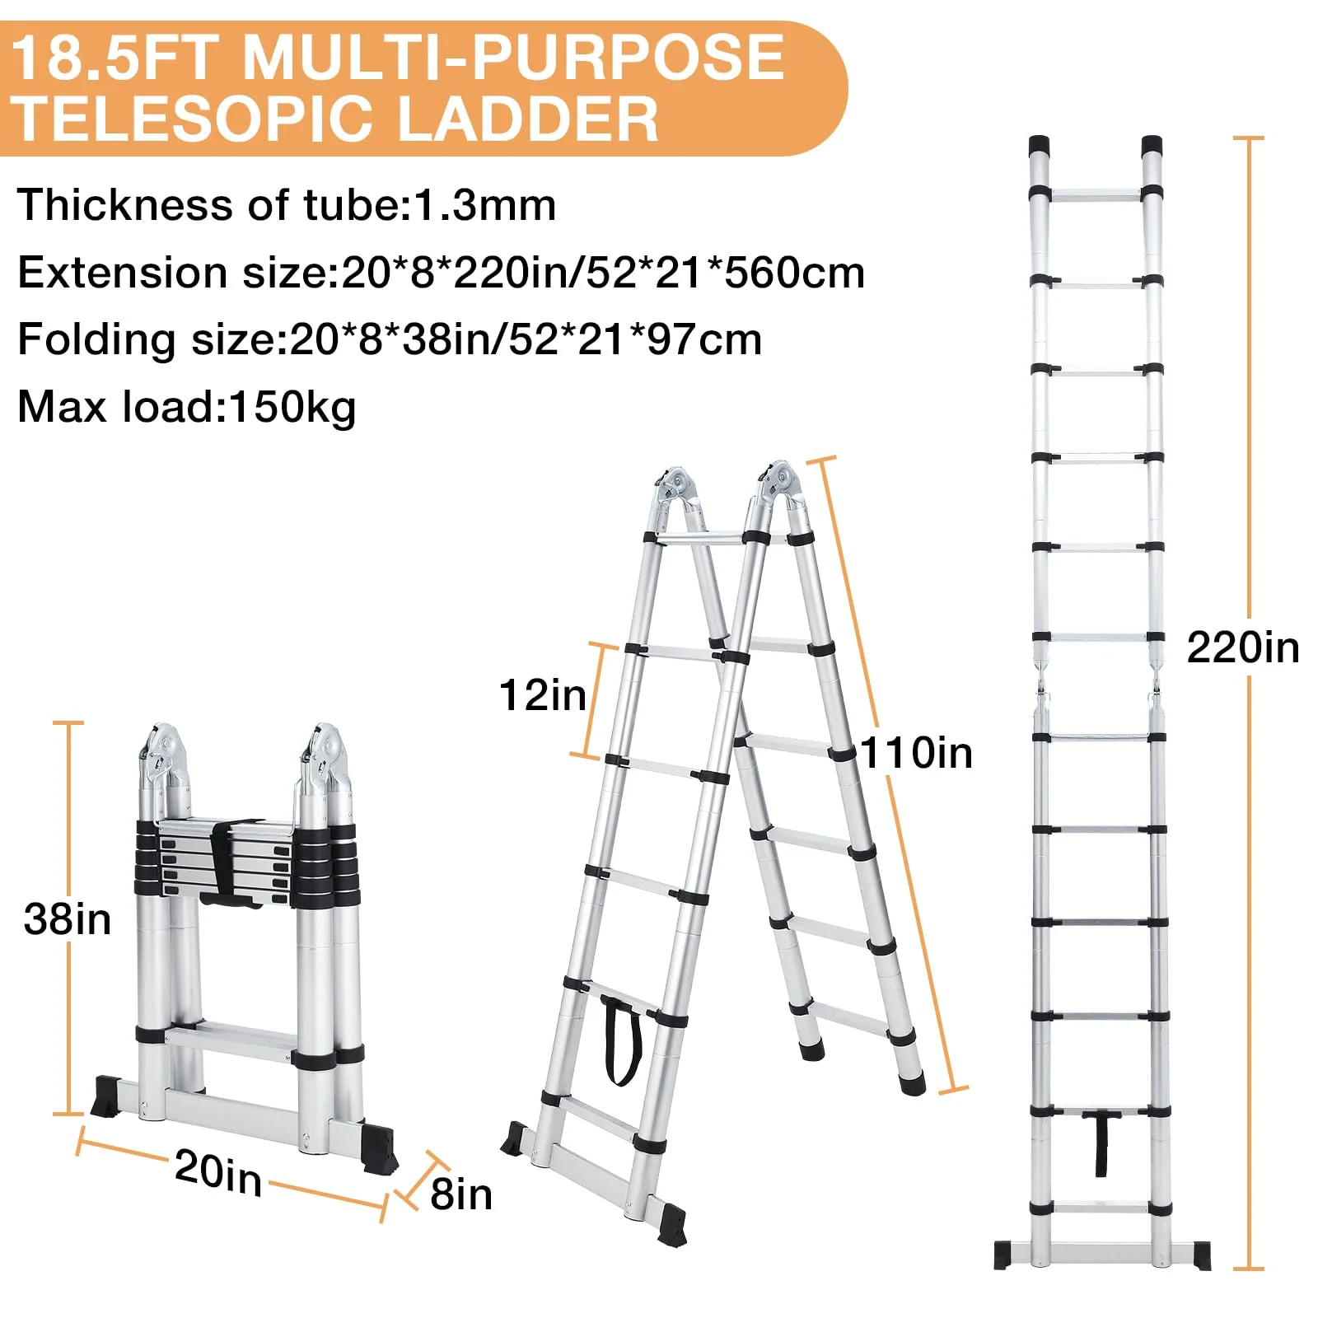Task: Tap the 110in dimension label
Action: click(916, 753)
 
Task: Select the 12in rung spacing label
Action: click(542, 695)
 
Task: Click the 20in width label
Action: click(218, 1171)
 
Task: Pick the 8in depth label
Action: click(461, 1194)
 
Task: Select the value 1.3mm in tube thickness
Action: click(484, 205)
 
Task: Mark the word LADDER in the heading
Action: click(527, 119)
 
